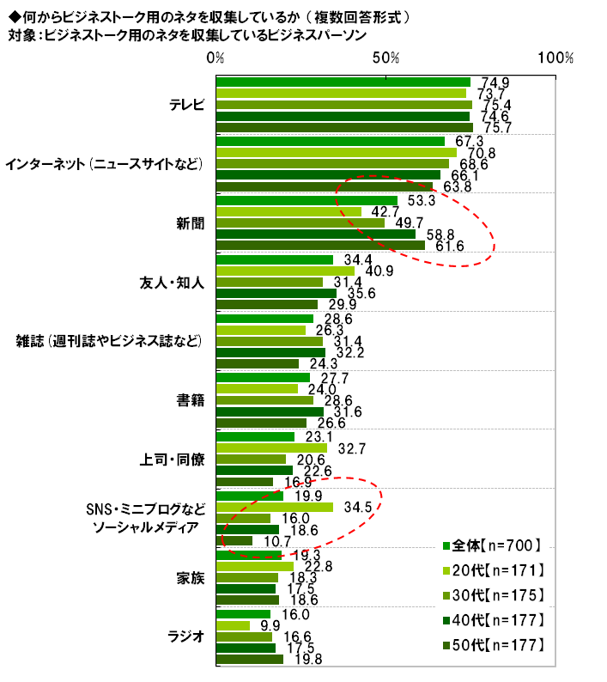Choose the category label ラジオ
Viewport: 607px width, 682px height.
(x=188, y=636)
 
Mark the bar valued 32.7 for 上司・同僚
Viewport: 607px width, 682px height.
(x=271, y=448)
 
